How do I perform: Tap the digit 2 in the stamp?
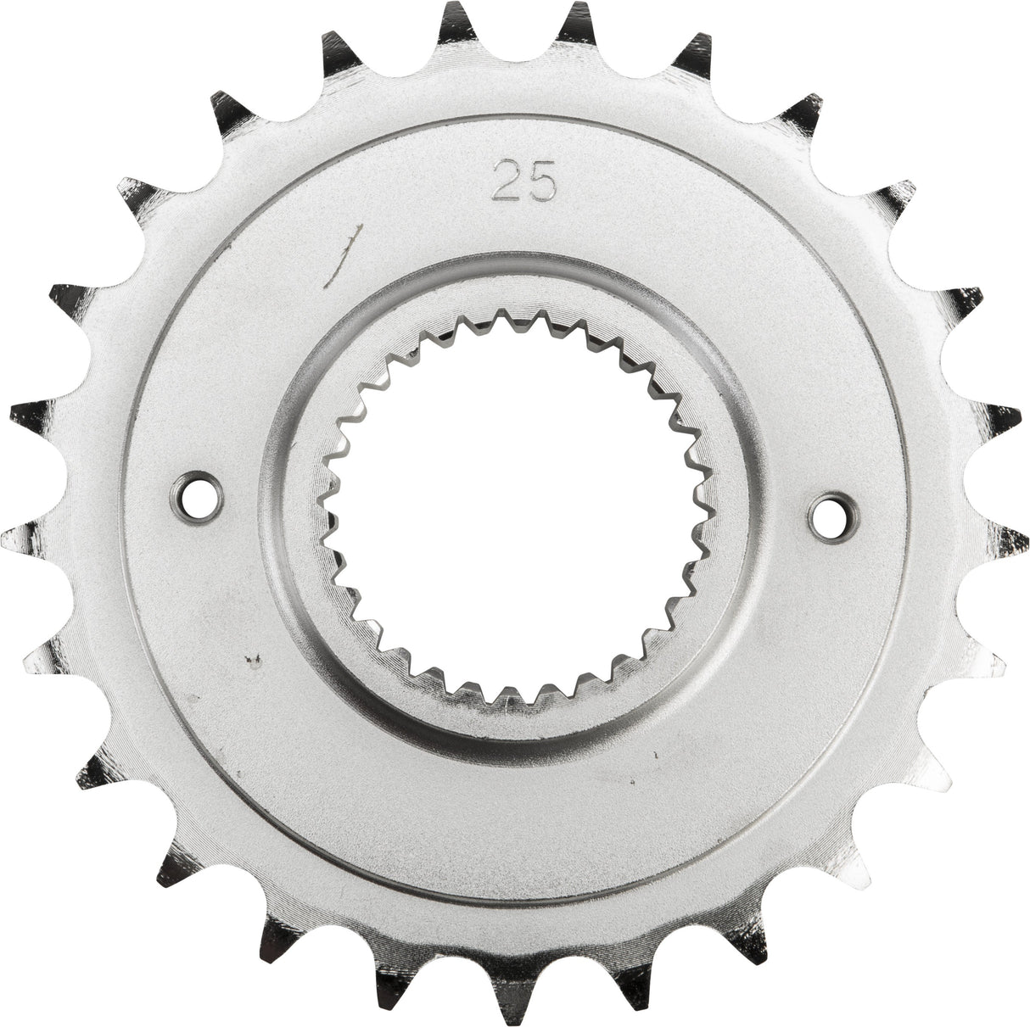point(507,182)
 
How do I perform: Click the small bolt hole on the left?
point(204,490)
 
